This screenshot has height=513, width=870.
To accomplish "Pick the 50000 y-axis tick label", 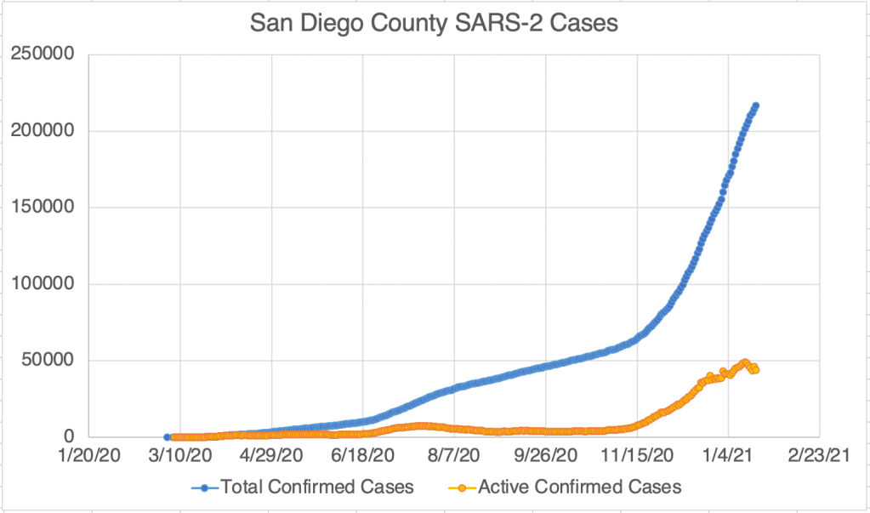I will pos(48,361).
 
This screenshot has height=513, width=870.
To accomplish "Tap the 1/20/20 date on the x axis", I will pos(89,457).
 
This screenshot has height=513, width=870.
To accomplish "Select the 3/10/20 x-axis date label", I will pos(180,457).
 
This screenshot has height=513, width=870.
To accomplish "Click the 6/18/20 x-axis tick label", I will pos(363,457).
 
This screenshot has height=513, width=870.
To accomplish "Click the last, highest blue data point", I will pos(755,105).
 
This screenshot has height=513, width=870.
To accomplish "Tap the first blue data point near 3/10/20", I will pos(167,436).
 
